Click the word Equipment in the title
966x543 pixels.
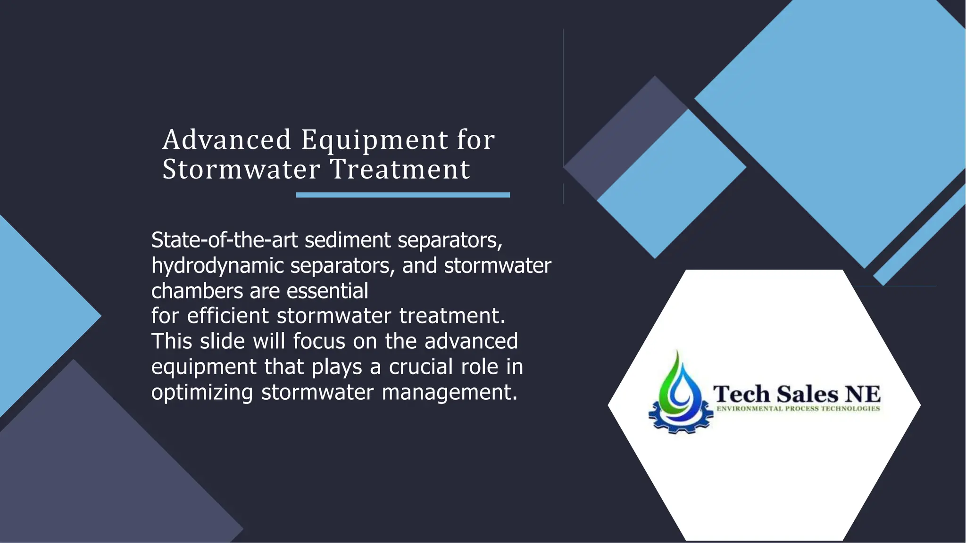375,140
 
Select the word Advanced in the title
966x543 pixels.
227,140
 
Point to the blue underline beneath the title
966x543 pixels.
403,195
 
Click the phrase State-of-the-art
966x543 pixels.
225,240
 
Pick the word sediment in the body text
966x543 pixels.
348,240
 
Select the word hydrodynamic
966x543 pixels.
217,266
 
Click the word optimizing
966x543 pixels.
202,392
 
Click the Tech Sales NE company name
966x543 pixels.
796,394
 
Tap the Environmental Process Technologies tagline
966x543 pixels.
798,409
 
